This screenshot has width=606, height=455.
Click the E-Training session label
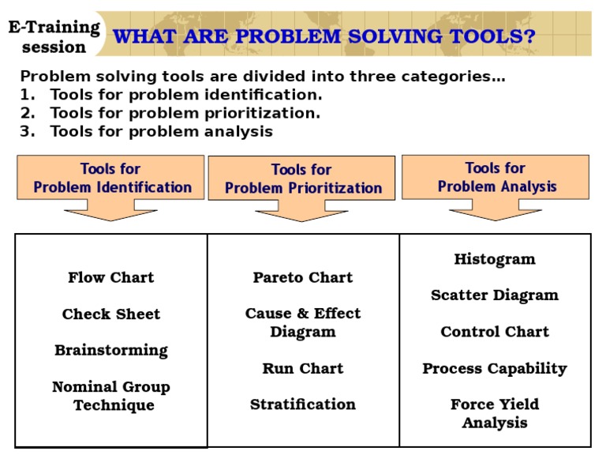pos(54,37)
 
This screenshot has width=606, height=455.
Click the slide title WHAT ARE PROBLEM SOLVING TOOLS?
pos(324,36)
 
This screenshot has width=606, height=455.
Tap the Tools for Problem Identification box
pos(110,178)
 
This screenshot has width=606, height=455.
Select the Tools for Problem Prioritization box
pos(301,179)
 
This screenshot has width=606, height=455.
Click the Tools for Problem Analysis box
pos(496,177)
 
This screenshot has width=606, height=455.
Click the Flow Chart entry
pos(110,277)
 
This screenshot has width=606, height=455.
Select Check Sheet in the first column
pos(110,314)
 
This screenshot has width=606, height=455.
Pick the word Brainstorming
pos(110,350)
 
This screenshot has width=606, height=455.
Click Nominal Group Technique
pos(111,396)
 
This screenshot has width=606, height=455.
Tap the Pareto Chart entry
pos(303,277)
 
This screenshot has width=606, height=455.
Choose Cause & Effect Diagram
pos(303,322)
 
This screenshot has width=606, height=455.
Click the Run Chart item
pos(303,368)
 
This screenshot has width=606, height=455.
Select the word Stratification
pos(303,404)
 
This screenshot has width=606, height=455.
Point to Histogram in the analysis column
pos(495,259)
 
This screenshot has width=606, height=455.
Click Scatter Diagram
pos(495,295)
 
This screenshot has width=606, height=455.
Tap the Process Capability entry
pos(495,368)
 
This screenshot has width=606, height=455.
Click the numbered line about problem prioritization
pos(170,113)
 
